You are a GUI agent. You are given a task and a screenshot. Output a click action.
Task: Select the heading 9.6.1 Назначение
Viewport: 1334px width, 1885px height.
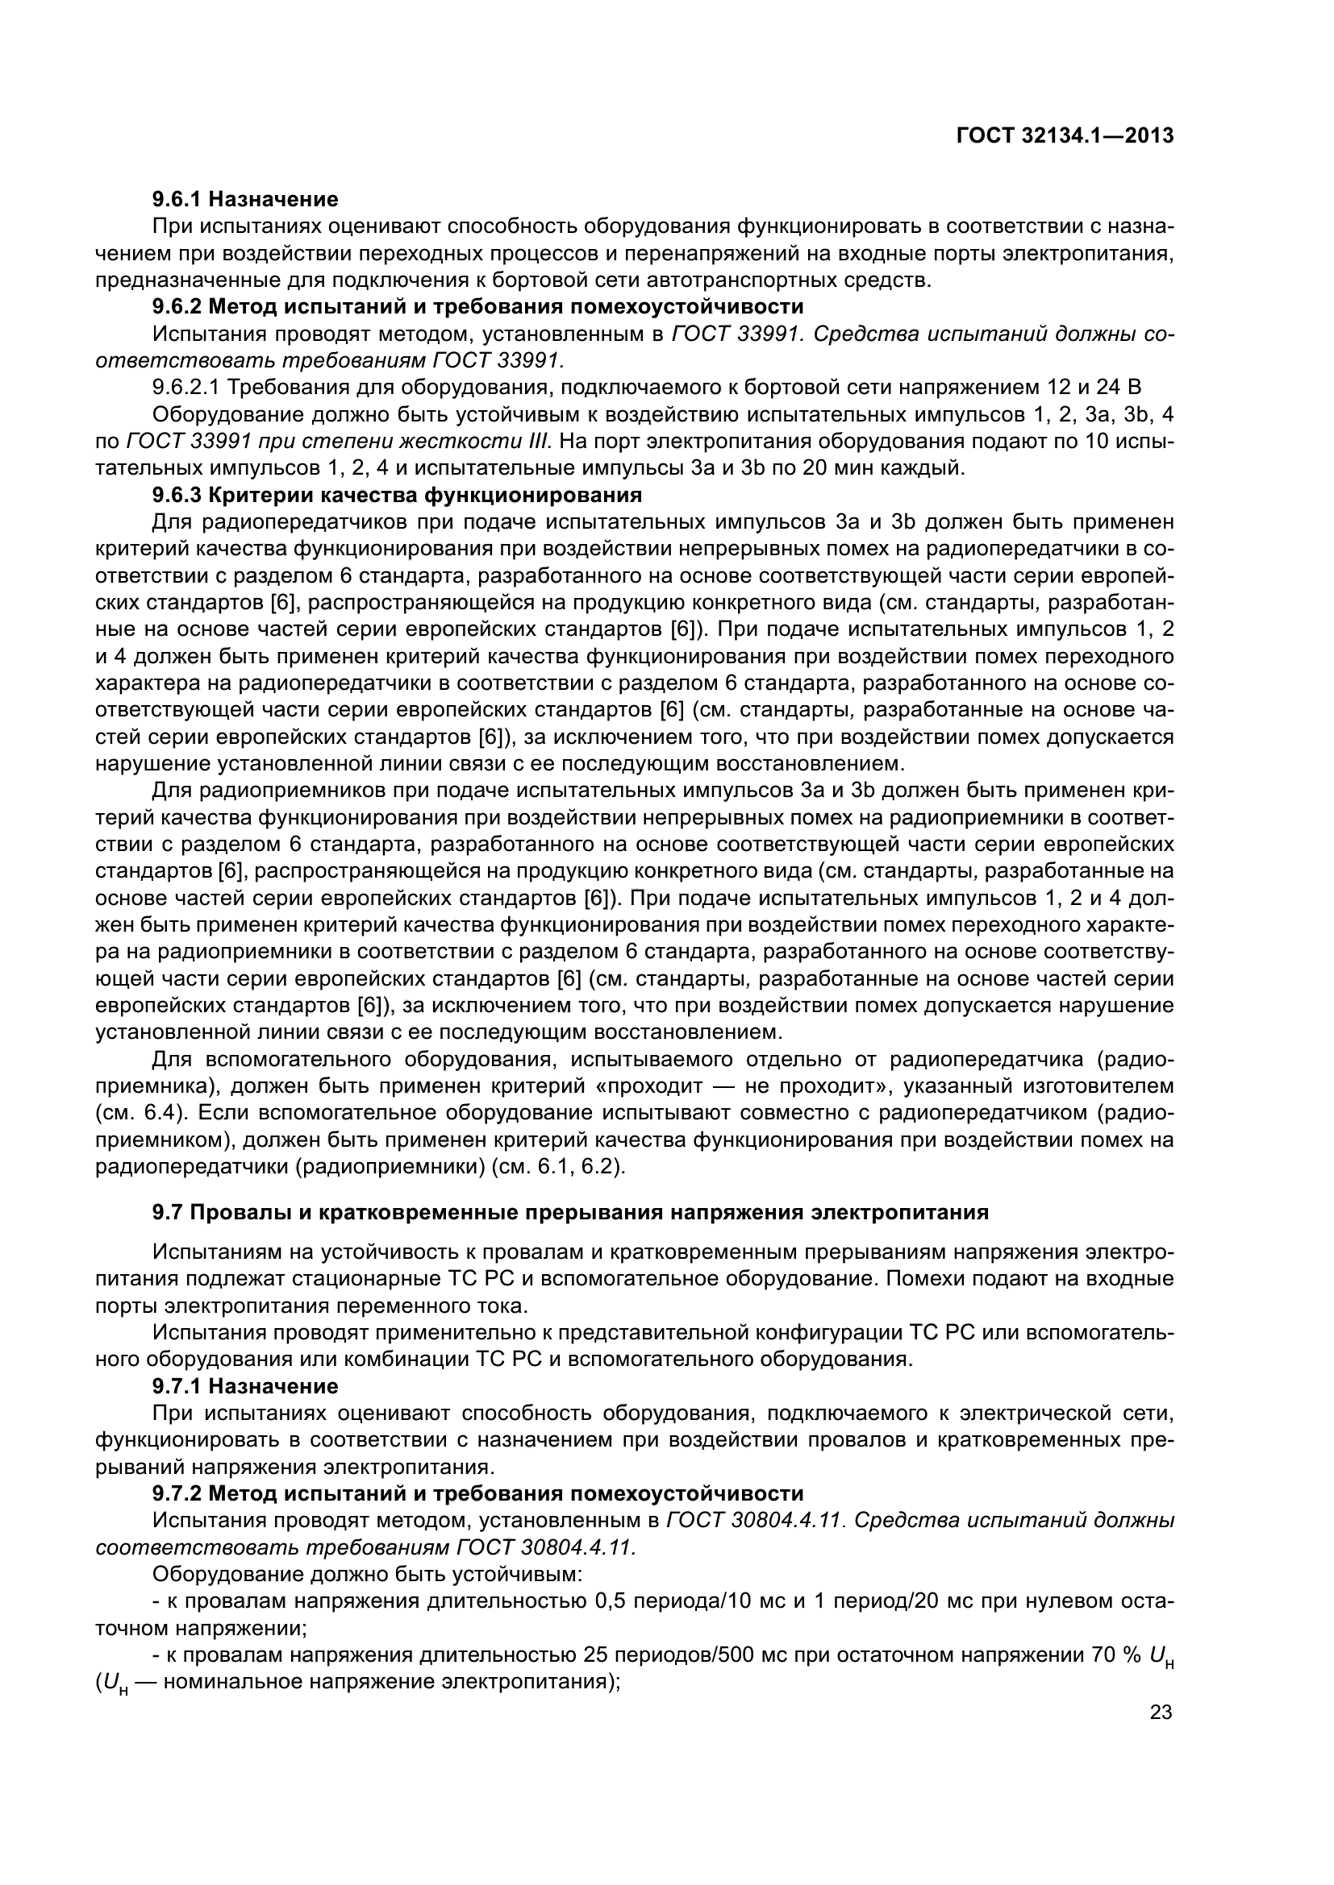(x=245, y=199)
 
